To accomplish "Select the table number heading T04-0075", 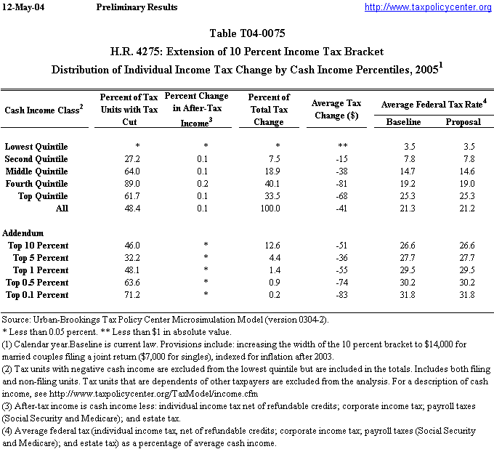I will [246, 35].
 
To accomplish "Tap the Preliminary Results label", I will [137, 7].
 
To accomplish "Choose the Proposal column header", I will [463, 121].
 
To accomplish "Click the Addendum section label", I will [23, 233].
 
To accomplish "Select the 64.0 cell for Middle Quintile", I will [131, 171].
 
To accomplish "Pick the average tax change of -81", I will [334, 184].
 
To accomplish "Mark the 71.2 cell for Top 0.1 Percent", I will [131, 295].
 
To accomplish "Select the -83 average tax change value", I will [334, 295].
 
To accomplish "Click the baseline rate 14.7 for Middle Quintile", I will [409, 171].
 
